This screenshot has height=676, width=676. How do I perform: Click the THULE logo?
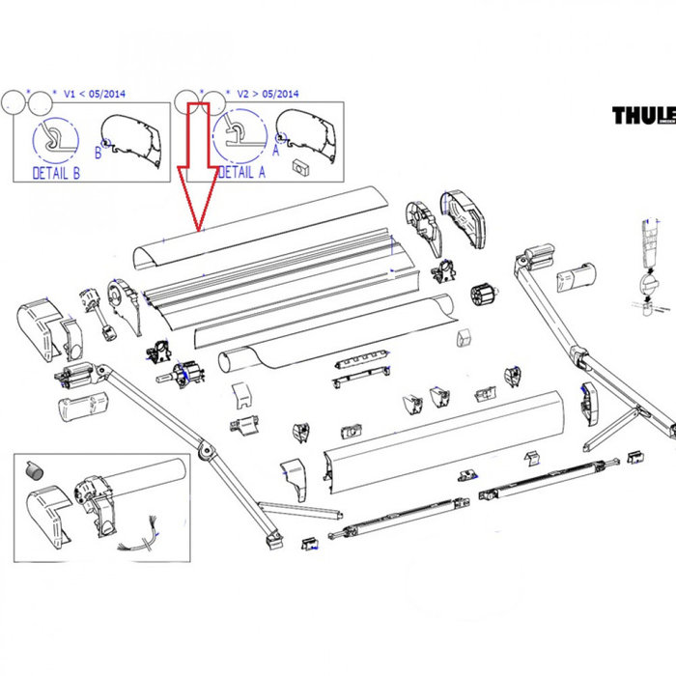(x=643, y=116)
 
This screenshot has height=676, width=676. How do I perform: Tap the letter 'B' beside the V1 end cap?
(x=98, y=152)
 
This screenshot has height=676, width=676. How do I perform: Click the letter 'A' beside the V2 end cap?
(x=275, y=150)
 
